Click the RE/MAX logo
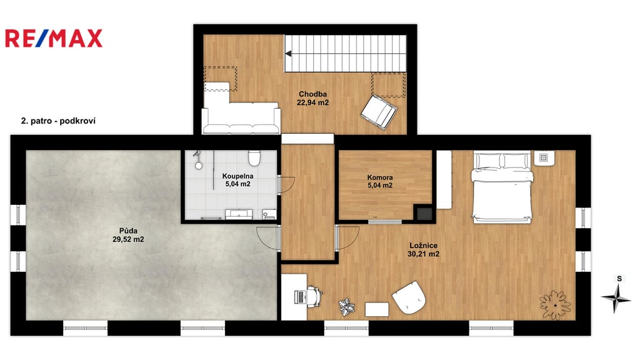click(54, 38)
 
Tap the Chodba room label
click(312, 94)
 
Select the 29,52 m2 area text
click(128, 239)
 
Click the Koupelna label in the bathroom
click(237, 176)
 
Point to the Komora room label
click(380, 177)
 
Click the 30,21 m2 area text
click(423, 254)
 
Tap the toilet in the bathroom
click(254, 159)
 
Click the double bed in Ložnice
click(502, 187)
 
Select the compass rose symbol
click(616, 298)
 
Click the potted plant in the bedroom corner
click(555, 305)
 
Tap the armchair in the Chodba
click(379, 111)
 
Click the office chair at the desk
click(315, 296)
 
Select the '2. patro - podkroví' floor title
click(58, 121)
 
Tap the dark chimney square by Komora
click(423, 213)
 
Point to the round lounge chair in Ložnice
click(409, 297)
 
